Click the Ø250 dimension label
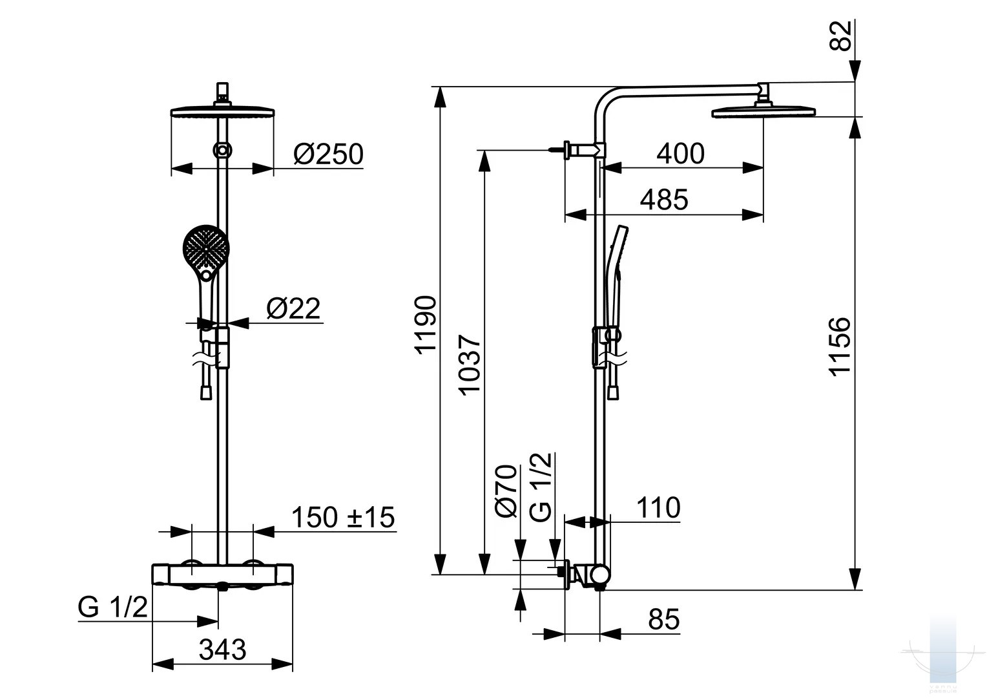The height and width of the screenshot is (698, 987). (328, 154)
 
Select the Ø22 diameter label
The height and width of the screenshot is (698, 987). (293, 308)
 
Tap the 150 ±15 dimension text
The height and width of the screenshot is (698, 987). (343, 517)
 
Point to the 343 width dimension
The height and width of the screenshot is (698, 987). (222, 650)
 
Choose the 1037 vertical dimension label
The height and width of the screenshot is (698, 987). (469, 365)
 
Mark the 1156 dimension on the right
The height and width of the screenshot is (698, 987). (839, 346)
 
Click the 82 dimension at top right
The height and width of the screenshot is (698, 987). (840, 36)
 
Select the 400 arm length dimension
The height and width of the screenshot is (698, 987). (680, 154)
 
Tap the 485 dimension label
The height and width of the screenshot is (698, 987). (663, 200)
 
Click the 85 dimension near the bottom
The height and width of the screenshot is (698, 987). (663, 619)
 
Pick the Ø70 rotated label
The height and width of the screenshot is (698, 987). (505, 491)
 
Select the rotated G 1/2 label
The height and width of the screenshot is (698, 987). (540, 487)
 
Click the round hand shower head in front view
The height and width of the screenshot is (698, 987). (206, 248)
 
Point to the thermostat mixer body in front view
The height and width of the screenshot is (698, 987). (222, 575)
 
